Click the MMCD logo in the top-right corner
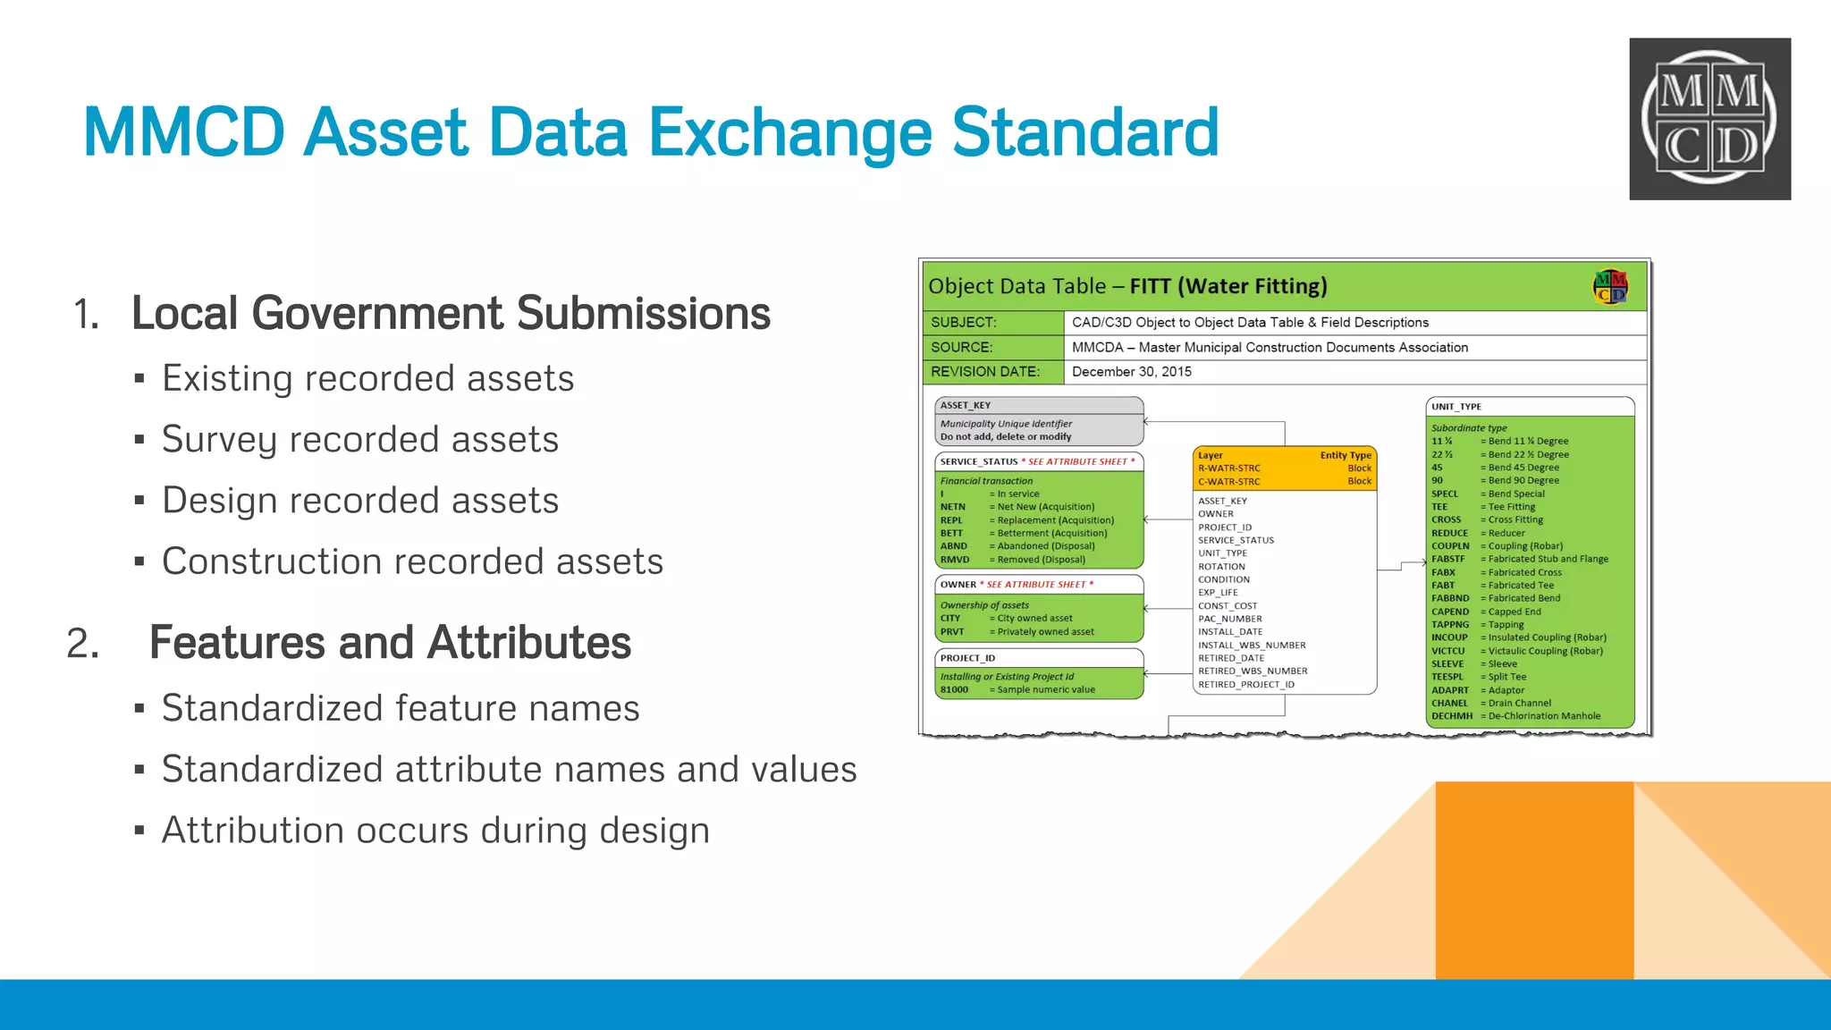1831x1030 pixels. (x=1709, y=118)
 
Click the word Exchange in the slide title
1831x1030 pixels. (x=789, y=132)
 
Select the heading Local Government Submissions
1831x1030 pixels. (x=451, y=313)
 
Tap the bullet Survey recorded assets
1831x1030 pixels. (x=359, y=439)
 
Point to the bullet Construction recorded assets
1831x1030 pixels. (x=412, y=561)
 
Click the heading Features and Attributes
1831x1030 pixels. (x=390, y=642)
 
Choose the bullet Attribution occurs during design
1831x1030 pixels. (x=435, y=830)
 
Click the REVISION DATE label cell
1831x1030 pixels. (x=985, y=372)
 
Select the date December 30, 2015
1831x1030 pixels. (x=1131, y=372)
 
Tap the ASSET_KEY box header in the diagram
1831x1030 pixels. (x=1038, y=406)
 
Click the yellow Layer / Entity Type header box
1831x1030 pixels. (x=1284, y=469)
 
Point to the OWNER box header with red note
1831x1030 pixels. (x=1038, y=585)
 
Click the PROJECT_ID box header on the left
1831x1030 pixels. (x=1038, y=658)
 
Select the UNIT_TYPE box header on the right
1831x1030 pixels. (x=1529, y=407)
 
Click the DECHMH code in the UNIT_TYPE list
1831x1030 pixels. (x=1451, y=716)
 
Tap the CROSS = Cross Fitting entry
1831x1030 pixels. (x=1486, y=519)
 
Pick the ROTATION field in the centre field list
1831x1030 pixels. (x=1221, y=567)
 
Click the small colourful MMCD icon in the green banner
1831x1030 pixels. (x=1610, y=287)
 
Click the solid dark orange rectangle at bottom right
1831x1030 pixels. (x=1534, y=880)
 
